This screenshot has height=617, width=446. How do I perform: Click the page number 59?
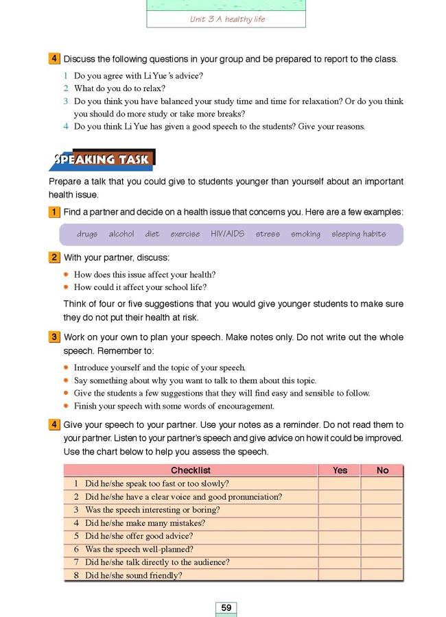tap(226, 607)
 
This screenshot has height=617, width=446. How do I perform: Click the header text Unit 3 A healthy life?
tap(227, 19)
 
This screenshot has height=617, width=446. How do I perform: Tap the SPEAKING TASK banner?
tap(103, 160)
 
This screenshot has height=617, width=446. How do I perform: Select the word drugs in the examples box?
tap(87, 234)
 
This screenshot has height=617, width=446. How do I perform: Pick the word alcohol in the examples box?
tap(121, 234)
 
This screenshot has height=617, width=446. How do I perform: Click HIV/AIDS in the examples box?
tap(227, 234)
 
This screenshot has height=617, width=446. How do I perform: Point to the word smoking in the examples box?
tap(305, 234)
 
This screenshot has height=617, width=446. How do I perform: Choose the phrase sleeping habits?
tap(358, 234)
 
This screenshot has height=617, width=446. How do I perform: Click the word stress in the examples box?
tap(268, 234)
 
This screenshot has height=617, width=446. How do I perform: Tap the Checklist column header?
tap(190, 470)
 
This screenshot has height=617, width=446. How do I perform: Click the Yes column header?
tap(340, 470)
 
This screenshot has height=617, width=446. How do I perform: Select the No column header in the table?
tap(382, 470)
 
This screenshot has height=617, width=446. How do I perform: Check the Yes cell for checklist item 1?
tap(340, 483)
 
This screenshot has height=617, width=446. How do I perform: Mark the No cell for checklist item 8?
tap(382, 575)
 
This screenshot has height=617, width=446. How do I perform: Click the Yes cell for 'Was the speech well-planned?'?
tap(340, 549)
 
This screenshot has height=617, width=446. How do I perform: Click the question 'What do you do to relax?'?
tap(119, 88)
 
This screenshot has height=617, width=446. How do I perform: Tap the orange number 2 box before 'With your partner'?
tap(54, 258)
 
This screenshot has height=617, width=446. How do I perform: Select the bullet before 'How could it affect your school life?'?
tap(67, 287)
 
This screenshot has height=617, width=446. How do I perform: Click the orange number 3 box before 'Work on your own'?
tap(54, 337)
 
